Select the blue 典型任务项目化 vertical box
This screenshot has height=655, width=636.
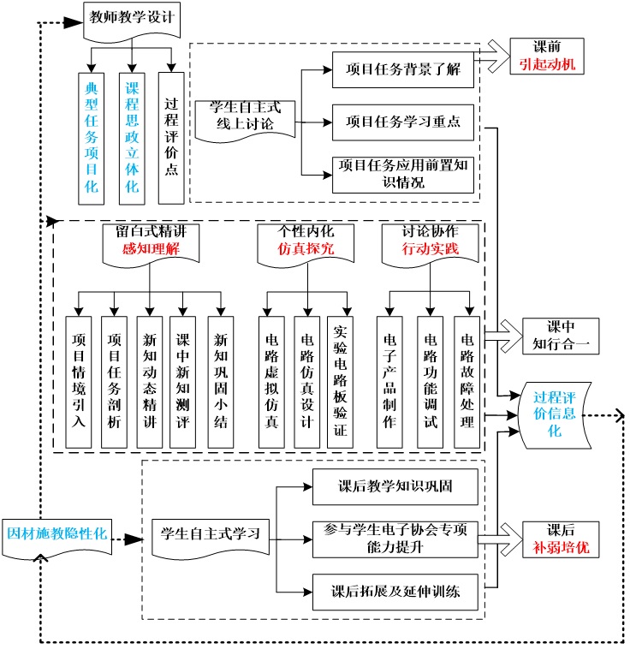pyautogui.click(x=92, y=137)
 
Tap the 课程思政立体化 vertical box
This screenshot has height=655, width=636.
pyautogui.click(x=132, y=137)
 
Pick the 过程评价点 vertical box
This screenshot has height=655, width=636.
pyautogui.click(x=171, y=137)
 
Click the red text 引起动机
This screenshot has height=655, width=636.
pyautogui.click(x=548, y=64)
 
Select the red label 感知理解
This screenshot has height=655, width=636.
pyautogui.click(x=150, y=249)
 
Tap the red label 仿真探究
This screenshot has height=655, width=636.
pyautogui.click(x=306, y=249)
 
